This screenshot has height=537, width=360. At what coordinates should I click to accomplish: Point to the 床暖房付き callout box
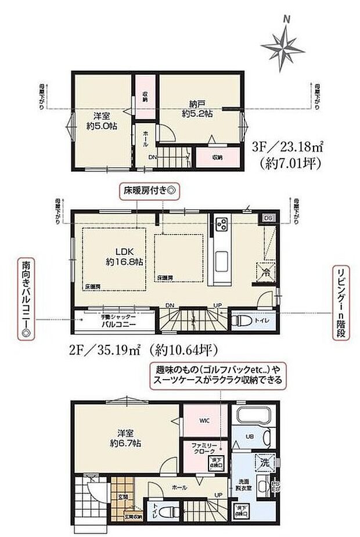[150, 190]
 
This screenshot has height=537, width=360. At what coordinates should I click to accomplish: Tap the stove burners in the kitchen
[222, 225]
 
